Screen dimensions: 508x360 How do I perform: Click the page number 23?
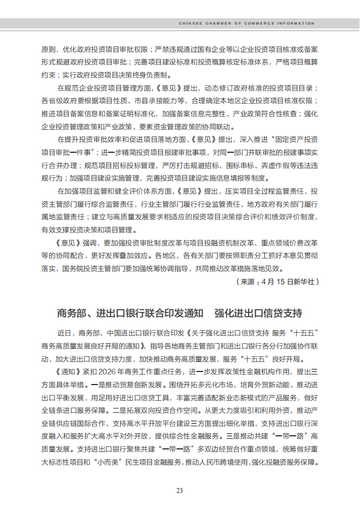click(179, 490)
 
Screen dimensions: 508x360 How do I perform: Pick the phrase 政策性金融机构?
click(236, 371)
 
